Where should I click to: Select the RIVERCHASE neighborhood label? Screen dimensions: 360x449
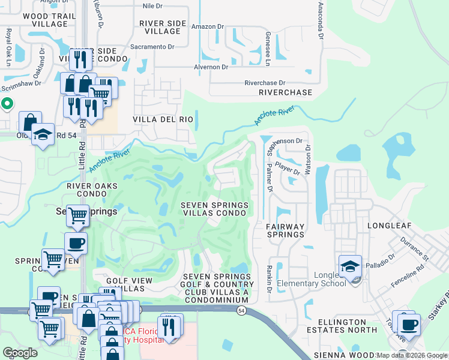(x=285, y=92)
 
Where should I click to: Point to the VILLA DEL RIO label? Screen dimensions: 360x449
(x=164, y=119)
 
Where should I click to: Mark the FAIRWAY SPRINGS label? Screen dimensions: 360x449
(x=285, y=230)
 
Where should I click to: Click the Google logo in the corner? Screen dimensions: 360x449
(x=20, y=352)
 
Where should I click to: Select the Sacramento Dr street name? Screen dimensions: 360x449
(x=151, y=46)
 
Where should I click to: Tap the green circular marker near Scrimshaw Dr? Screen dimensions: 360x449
(x=7, y=104)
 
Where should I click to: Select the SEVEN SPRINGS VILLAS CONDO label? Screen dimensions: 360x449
(x=215, y=209)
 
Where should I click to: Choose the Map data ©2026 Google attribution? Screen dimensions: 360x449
(x=411, y=355)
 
